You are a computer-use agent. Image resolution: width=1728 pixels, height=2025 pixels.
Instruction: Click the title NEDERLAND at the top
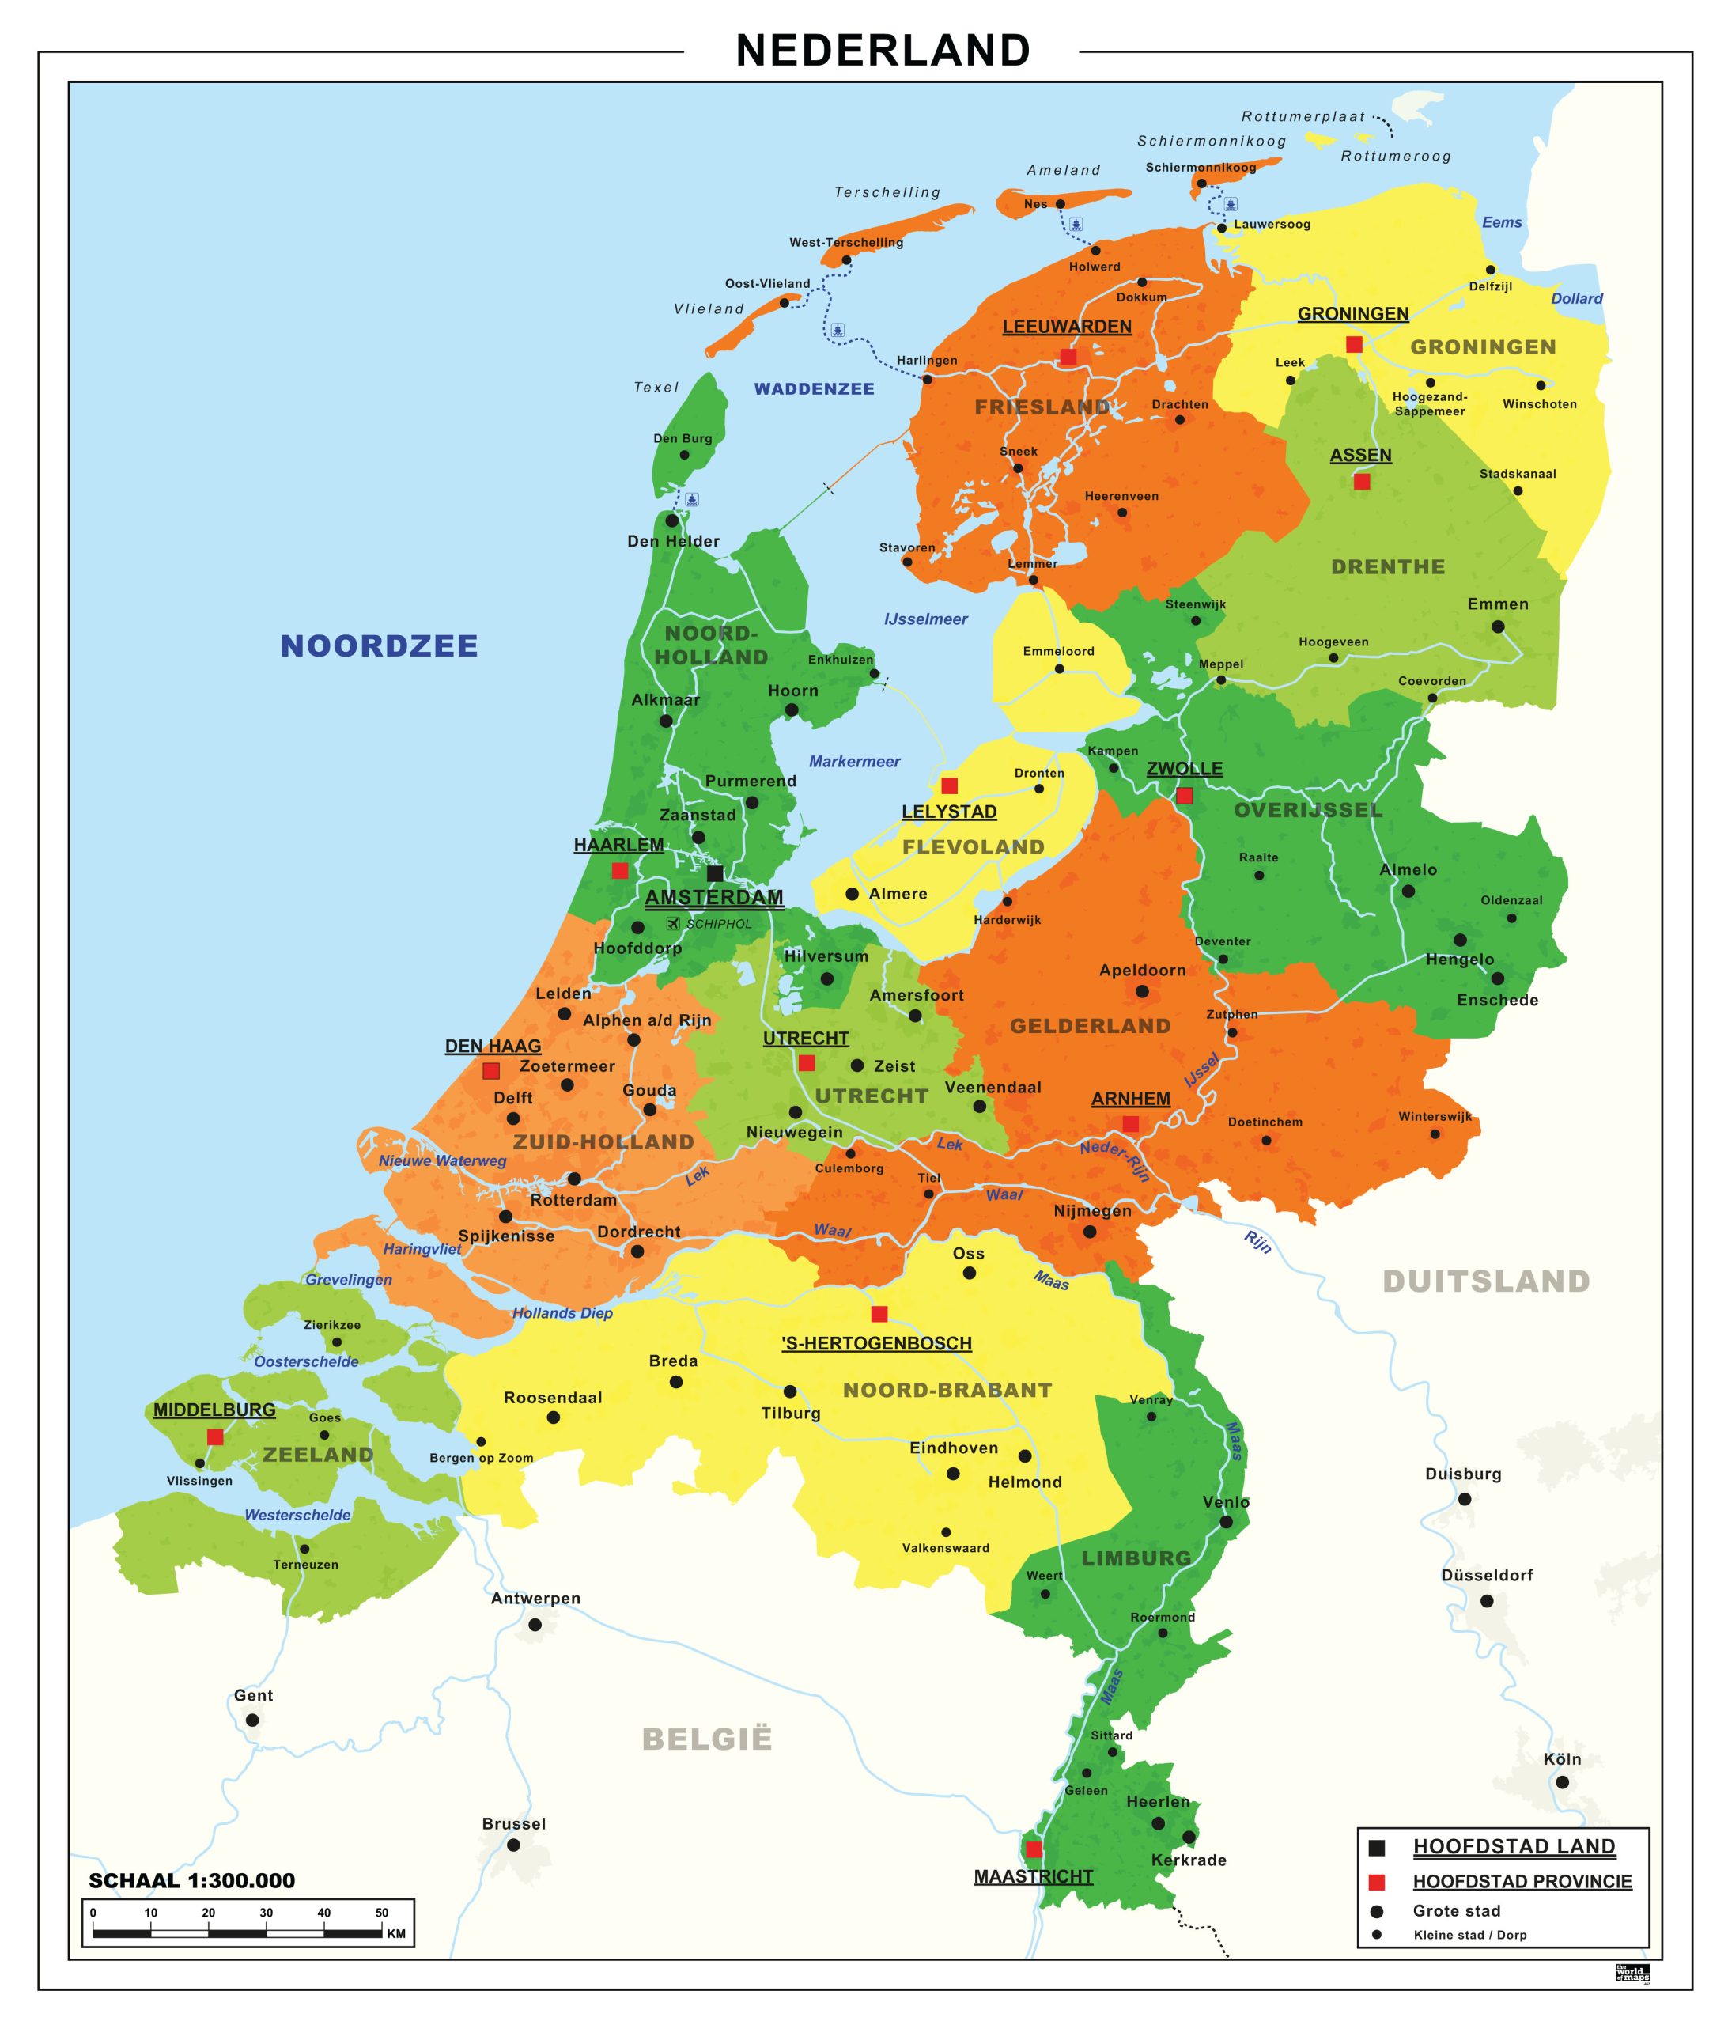pos(883,51)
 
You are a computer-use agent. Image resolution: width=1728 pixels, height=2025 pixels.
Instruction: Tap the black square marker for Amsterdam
pos(714,872)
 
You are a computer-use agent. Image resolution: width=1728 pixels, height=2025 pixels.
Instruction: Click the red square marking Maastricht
pos(1033,1849)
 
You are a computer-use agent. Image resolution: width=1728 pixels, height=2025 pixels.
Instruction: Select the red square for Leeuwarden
pos(1068,357)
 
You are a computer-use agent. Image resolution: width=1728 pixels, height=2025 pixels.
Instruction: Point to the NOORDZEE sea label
pos(380,646)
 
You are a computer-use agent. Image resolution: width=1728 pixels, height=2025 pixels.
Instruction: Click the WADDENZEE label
pos(814,389)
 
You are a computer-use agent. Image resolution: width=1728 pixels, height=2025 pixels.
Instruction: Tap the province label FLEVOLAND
pos(973,847)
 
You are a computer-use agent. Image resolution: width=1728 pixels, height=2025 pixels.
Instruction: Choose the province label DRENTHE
pos(1387,567)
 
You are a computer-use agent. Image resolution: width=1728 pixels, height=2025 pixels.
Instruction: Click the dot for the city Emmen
pos(1497,626)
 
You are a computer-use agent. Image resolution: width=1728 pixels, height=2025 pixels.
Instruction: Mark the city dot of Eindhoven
pos(953,1473)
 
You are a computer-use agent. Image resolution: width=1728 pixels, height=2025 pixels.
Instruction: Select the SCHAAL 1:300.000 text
pos(191,1881)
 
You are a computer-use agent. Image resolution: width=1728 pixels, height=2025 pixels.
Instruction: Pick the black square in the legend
pos(1377,1847)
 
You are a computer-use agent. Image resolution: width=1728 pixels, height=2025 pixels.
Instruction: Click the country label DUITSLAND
pos(1486,1281)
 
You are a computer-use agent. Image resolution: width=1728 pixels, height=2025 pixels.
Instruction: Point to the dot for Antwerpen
pos(535,1624)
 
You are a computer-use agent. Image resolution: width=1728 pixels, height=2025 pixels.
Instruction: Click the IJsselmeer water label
pos(924,619)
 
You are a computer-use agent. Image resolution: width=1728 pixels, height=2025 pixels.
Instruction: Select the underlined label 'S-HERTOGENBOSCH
pos(877,1344)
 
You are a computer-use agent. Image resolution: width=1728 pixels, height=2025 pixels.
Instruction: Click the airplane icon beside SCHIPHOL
pos(672,922)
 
